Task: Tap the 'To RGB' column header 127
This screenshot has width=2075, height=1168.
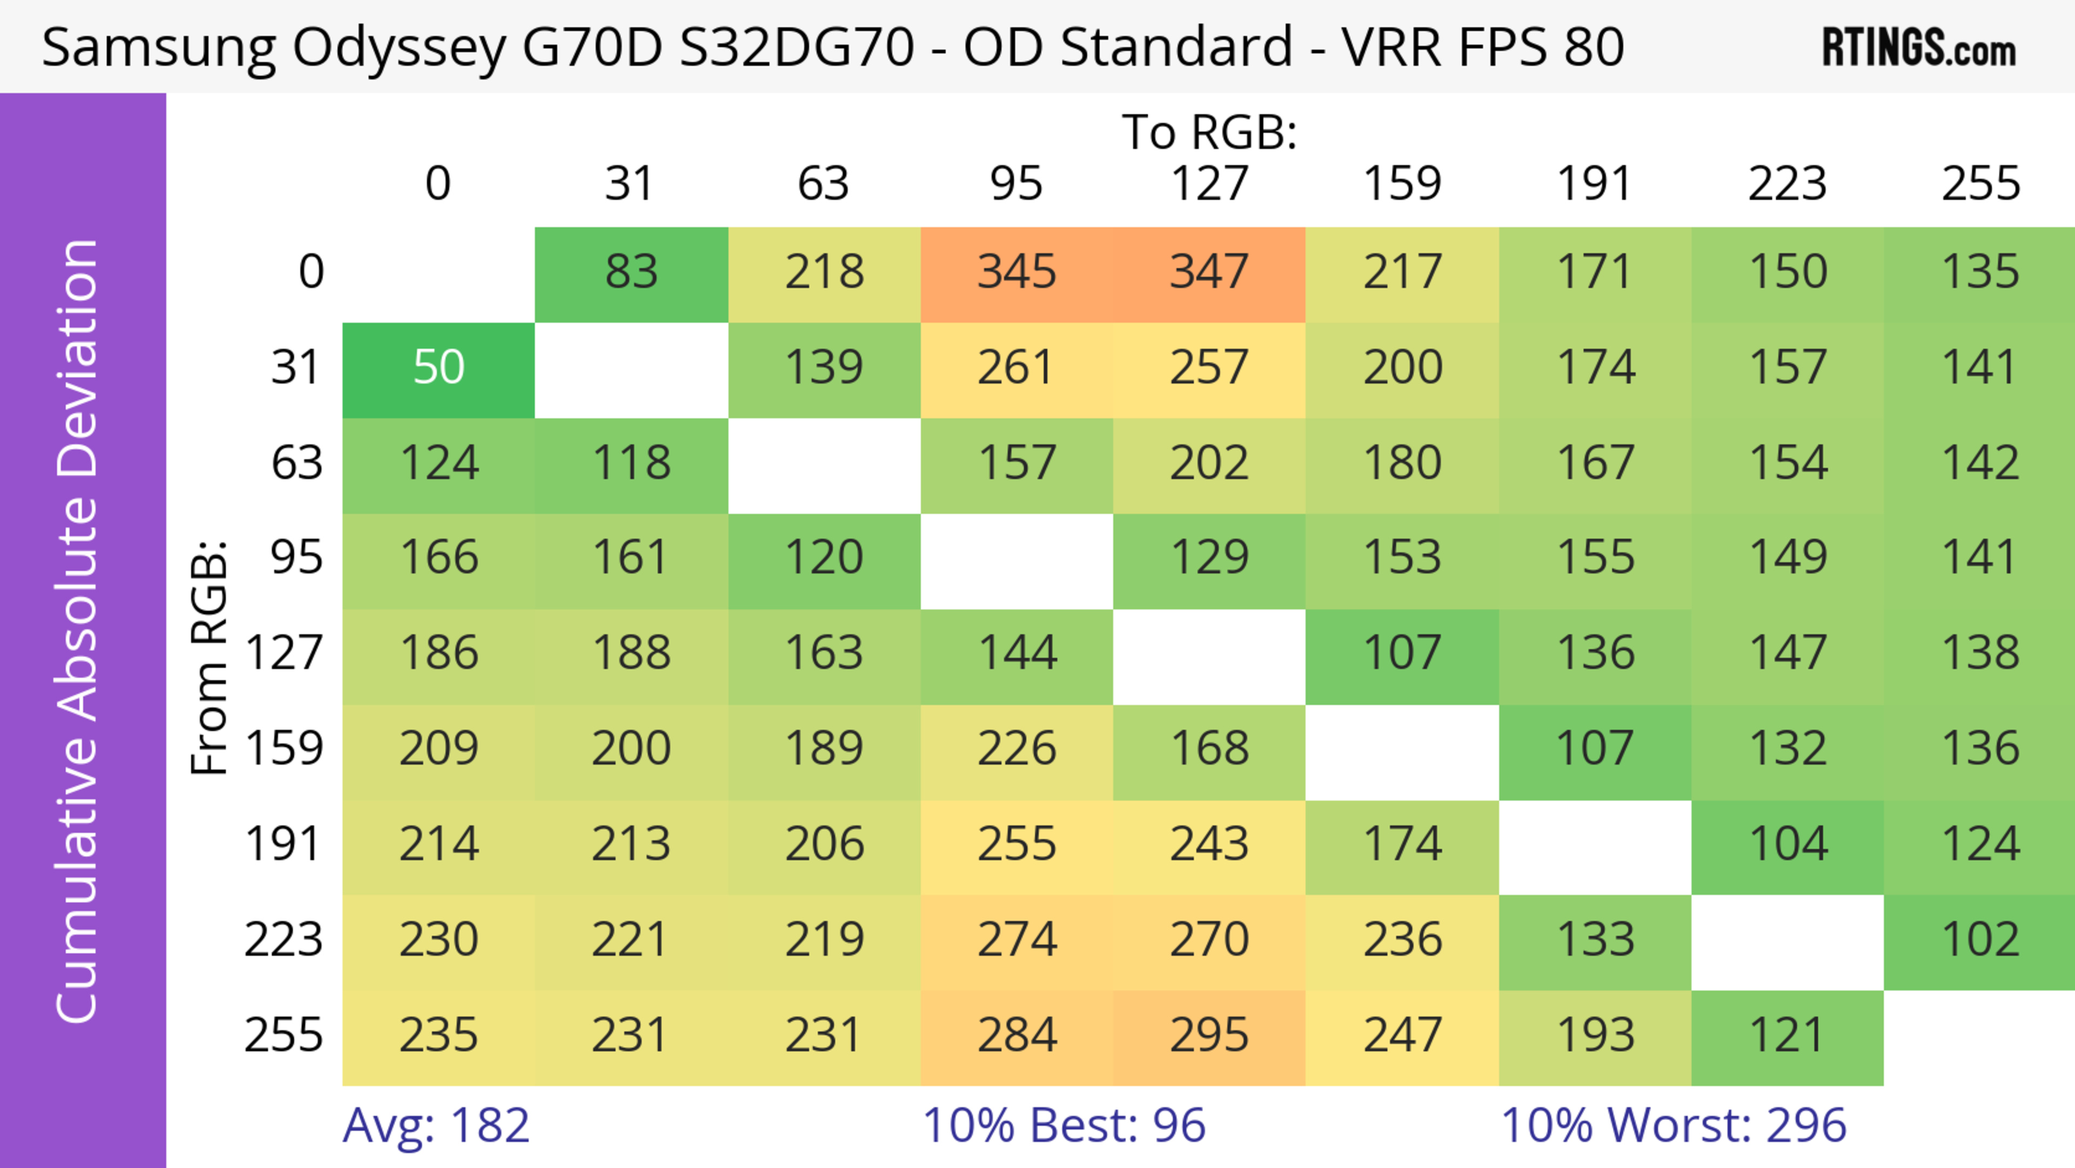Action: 1209,184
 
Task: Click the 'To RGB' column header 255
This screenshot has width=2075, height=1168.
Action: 1980,184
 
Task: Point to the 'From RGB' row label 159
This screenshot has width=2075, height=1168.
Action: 284,749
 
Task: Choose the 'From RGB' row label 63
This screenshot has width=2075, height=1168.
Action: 297,464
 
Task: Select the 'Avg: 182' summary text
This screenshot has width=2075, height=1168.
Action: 436,1125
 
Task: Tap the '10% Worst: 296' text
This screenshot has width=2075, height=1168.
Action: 1673,1125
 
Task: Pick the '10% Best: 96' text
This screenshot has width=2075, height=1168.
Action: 1063,1125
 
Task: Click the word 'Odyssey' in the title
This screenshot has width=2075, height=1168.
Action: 399,48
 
